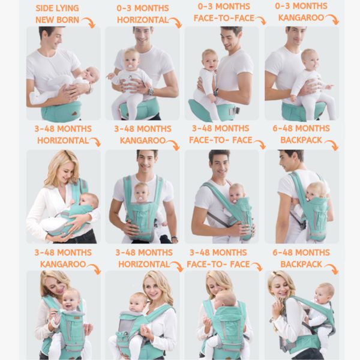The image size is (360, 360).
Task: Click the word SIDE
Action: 46,9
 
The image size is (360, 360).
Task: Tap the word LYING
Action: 73,9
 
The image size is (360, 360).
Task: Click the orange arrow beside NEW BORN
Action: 89,23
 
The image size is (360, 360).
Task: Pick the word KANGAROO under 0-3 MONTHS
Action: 300,17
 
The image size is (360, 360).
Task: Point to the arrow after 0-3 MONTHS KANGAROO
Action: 332,19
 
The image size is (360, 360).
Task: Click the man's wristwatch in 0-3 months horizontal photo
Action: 150,91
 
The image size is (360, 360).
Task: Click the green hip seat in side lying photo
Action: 61,112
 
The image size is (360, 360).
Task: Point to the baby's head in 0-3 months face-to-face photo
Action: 209,59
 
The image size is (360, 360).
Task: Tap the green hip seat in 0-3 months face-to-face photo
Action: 204,110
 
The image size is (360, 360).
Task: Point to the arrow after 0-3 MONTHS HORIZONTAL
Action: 175,23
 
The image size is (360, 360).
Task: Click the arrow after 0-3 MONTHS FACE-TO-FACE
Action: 260,20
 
